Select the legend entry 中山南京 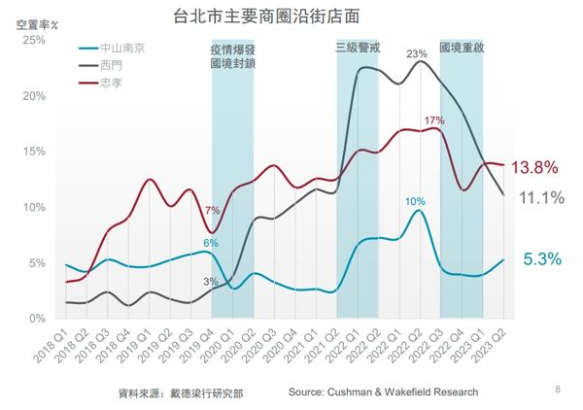[x=118, y=47]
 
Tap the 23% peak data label [x=417, y=53]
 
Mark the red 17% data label [x=433, y=120]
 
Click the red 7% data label [x=212, y=210]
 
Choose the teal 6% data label [x=210, y=242]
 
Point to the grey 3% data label [x=210, y=282]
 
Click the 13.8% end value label [x=534, y=168]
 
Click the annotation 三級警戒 [x=357, y=47]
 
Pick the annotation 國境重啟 [x=462, y=47]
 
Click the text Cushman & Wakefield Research [x=383, y=392]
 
